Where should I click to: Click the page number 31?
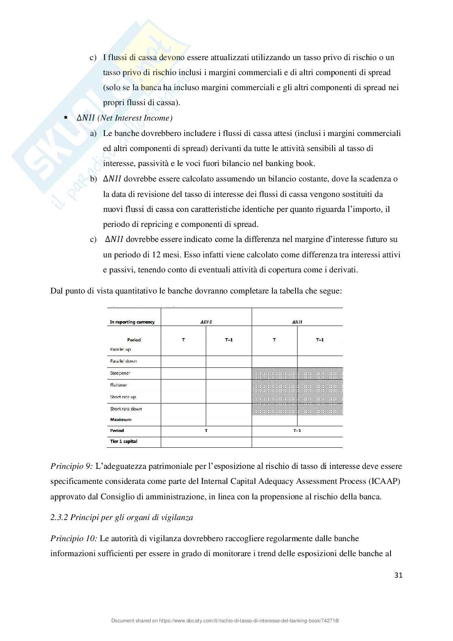[398, 575]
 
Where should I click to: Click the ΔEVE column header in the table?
[206, 322]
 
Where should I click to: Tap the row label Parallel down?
[123, 361]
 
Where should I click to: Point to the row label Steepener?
[120, 373]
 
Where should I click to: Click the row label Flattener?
[119, 385]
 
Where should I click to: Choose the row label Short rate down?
[126, 409]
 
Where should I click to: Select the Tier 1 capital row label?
[123, 441]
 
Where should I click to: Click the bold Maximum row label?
[121, 420]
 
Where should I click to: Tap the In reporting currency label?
[132, 322]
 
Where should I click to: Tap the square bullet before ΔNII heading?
[65, 118]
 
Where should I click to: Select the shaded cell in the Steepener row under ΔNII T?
[274, 373]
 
